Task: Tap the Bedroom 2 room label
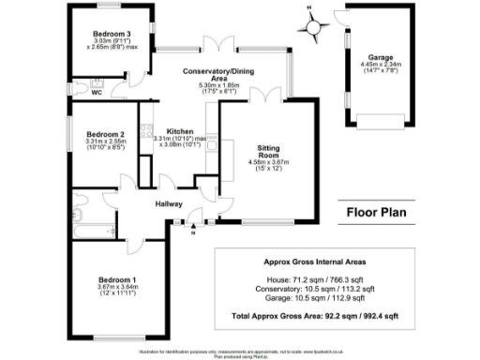point(99,133)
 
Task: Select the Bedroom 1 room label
point(121,279)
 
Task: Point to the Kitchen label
point(180,131)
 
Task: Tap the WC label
point(96,92)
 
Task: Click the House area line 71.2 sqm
point(310,279)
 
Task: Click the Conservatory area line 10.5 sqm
point(310,289)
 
